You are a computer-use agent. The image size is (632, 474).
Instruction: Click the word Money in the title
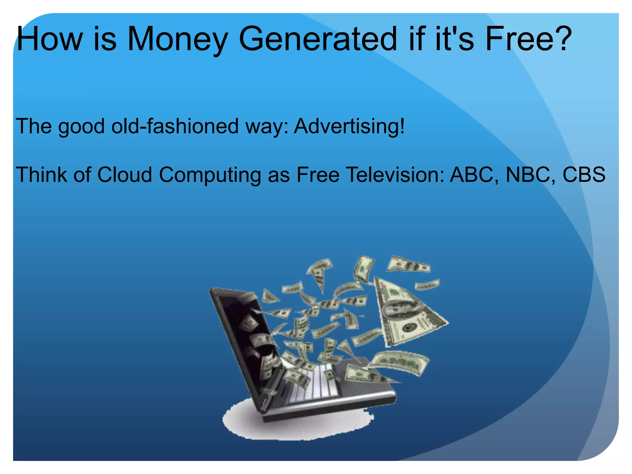(177, 39)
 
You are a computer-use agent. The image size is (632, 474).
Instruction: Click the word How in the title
(49, 39)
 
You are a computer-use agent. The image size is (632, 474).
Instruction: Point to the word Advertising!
(349, 126)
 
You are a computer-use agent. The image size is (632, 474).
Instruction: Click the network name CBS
(584, 175)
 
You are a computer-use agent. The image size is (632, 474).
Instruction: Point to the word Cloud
(125, 175)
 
